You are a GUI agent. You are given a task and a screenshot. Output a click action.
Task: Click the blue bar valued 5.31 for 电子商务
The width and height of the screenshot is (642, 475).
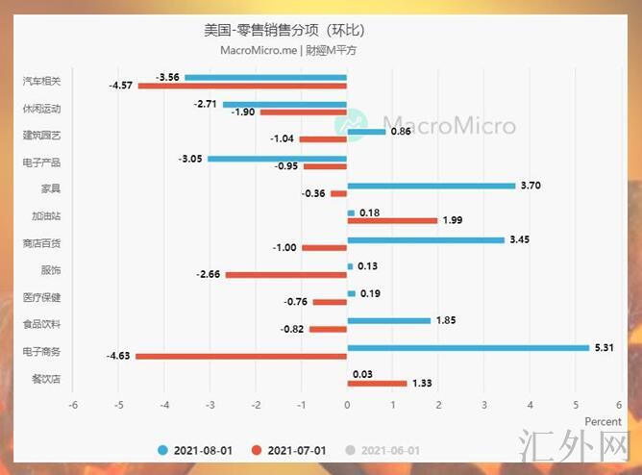click(x=467, y=348)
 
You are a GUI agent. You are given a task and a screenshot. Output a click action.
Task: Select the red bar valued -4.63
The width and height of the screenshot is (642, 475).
click(x=241, y=357)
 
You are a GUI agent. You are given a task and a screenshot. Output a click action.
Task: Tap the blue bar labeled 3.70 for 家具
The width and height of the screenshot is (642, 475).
click(x=431, y=186)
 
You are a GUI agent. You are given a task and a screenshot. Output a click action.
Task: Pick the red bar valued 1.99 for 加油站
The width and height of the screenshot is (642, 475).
click(x=392, y=220)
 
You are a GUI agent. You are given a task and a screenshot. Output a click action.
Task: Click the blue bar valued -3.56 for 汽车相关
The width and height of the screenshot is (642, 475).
click(x=265, y=77)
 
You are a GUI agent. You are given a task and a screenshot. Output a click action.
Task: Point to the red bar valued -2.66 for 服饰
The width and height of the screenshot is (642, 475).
click(x=286, y=275)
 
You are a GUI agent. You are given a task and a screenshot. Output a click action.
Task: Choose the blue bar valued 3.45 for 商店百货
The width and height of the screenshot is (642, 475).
click(x=425, y=239)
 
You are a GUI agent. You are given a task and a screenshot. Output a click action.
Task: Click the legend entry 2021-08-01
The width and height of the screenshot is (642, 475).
click(x=198, y=450)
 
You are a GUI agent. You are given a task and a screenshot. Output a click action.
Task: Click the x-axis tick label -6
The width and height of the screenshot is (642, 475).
click(x=73, y=404)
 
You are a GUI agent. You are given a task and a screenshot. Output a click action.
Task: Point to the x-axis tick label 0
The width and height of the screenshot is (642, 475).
click(x=346, y=404)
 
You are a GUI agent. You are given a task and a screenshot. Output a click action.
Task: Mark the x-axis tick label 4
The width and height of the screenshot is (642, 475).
click(x=529, y=404)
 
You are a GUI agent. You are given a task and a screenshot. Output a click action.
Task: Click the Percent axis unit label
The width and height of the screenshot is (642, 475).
click(x=604, y=421)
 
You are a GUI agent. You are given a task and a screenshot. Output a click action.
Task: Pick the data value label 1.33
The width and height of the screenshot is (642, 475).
click(x=422, y=384)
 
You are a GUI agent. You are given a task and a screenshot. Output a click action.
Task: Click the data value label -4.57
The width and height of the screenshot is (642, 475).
click(x=121, y=86)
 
